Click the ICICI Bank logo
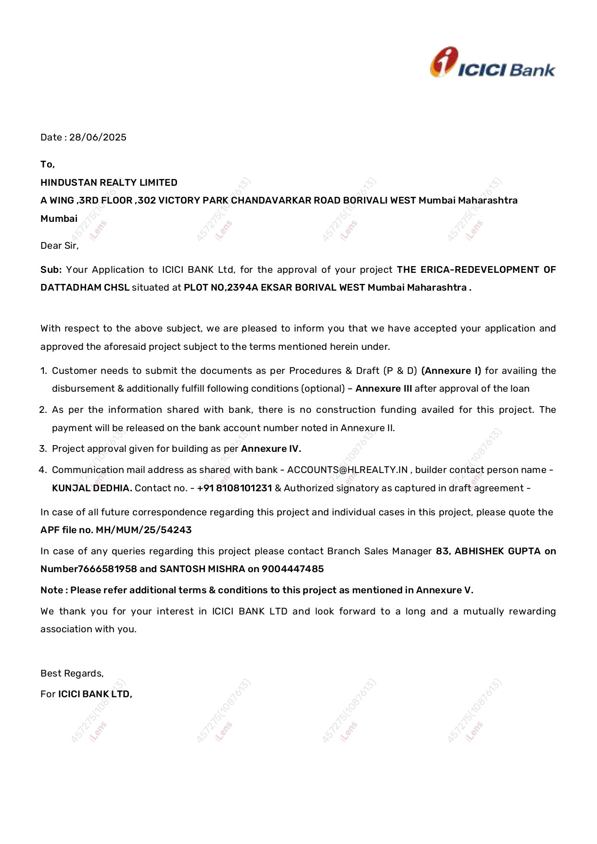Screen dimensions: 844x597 click(x=492, y=63)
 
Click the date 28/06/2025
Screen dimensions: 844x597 click(x=98, y=138)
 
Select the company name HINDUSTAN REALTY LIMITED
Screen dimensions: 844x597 click(x=109, y=183)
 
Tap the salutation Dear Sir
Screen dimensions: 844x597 click(x=59, y=246)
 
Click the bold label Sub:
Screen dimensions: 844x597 click(x=51, y=270)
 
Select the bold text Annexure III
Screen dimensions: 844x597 click(x=383, y=389)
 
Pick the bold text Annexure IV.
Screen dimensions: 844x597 click(x=271, y=449)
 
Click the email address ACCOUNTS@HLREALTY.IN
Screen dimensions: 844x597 click(x=347, y=470)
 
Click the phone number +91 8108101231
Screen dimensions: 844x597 click(x=235, y=488)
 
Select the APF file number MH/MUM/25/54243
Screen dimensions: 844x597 click(x=144, y=530)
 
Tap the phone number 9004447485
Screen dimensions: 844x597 click(x=292, y=569)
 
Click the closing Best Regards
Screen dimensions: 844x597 click(x=72, y=674)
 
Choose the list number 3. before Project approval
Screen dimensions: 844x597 click(x=43, y=449)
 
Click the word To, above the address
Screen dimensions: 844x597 click(x=48, y=165)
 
